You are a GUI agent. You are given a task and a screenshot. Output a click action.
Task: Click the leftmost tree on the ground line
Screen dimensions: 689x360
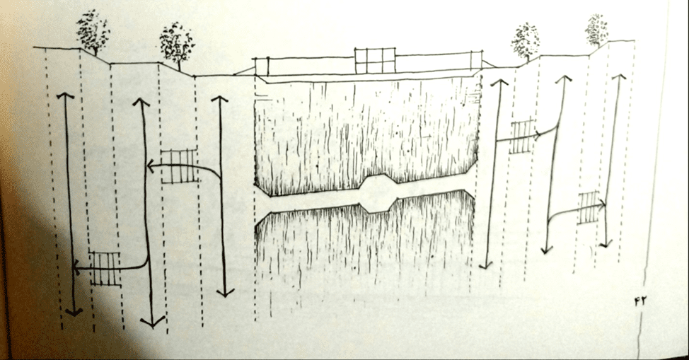pyautogui.click(x=93, y=33)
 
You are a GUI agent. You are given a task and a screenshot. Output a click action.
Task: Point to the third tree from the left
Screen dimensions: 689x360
pyautogui.click(x=526, y=42)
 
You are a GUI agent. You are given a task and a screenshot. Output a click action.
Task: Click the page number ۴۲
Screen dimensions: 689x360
pyautogui.click(x=641, y=301)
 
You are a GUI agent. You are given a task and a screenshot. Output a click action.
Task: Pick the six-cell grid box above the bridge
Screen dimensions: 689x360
pyautogui.click(x=375, y=60)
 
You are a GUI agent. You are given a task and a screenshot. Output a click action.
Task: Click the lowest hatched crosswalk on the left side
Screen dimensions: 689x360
pyautogui.click(x=105, y=269)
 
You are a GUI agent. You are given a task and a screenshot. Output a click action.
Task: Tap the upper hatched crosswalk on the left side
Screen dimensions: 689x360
pyautogui.click(x=179, y=166)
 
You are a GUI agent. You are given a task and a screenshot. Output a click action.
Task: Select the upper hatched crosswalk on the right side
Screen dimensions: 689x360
pyautogui.click(x=523, y=135)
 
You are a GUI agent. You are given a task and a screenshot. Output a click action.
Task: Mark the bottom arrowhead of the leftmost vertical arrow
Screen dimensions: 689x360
pyautogui.click(x=74, y=313)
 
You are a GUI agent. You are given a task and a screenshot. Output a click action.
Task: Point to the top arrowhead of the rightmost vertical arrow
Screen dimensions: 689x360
pyautogui.click(x=619, y=77)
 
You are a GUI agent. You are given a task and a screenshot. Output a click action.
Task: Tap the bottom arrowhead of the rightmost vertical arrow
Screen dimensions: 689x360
pyautogui.click(x=606, y=243)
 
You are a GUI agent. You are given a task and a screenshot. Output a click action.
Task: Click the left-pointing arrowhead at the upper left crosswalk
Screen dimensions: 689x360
pyautogui.click(x=149, y=167)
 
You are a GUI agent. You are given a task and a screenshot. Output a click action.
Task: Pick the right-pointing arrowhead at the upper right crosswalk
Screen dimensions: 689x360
pyautogui.click(x=538, y=136)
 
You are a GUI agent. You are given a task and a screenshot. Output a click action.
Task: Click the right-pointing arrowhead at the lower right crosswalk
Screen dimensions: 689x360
pyautogui.click(x=603, y=204)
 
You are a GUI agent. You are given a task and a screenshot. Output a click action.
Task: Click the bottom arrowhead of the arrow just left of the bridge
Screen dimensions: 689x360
pyautogui.click(x=225, y=293)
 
